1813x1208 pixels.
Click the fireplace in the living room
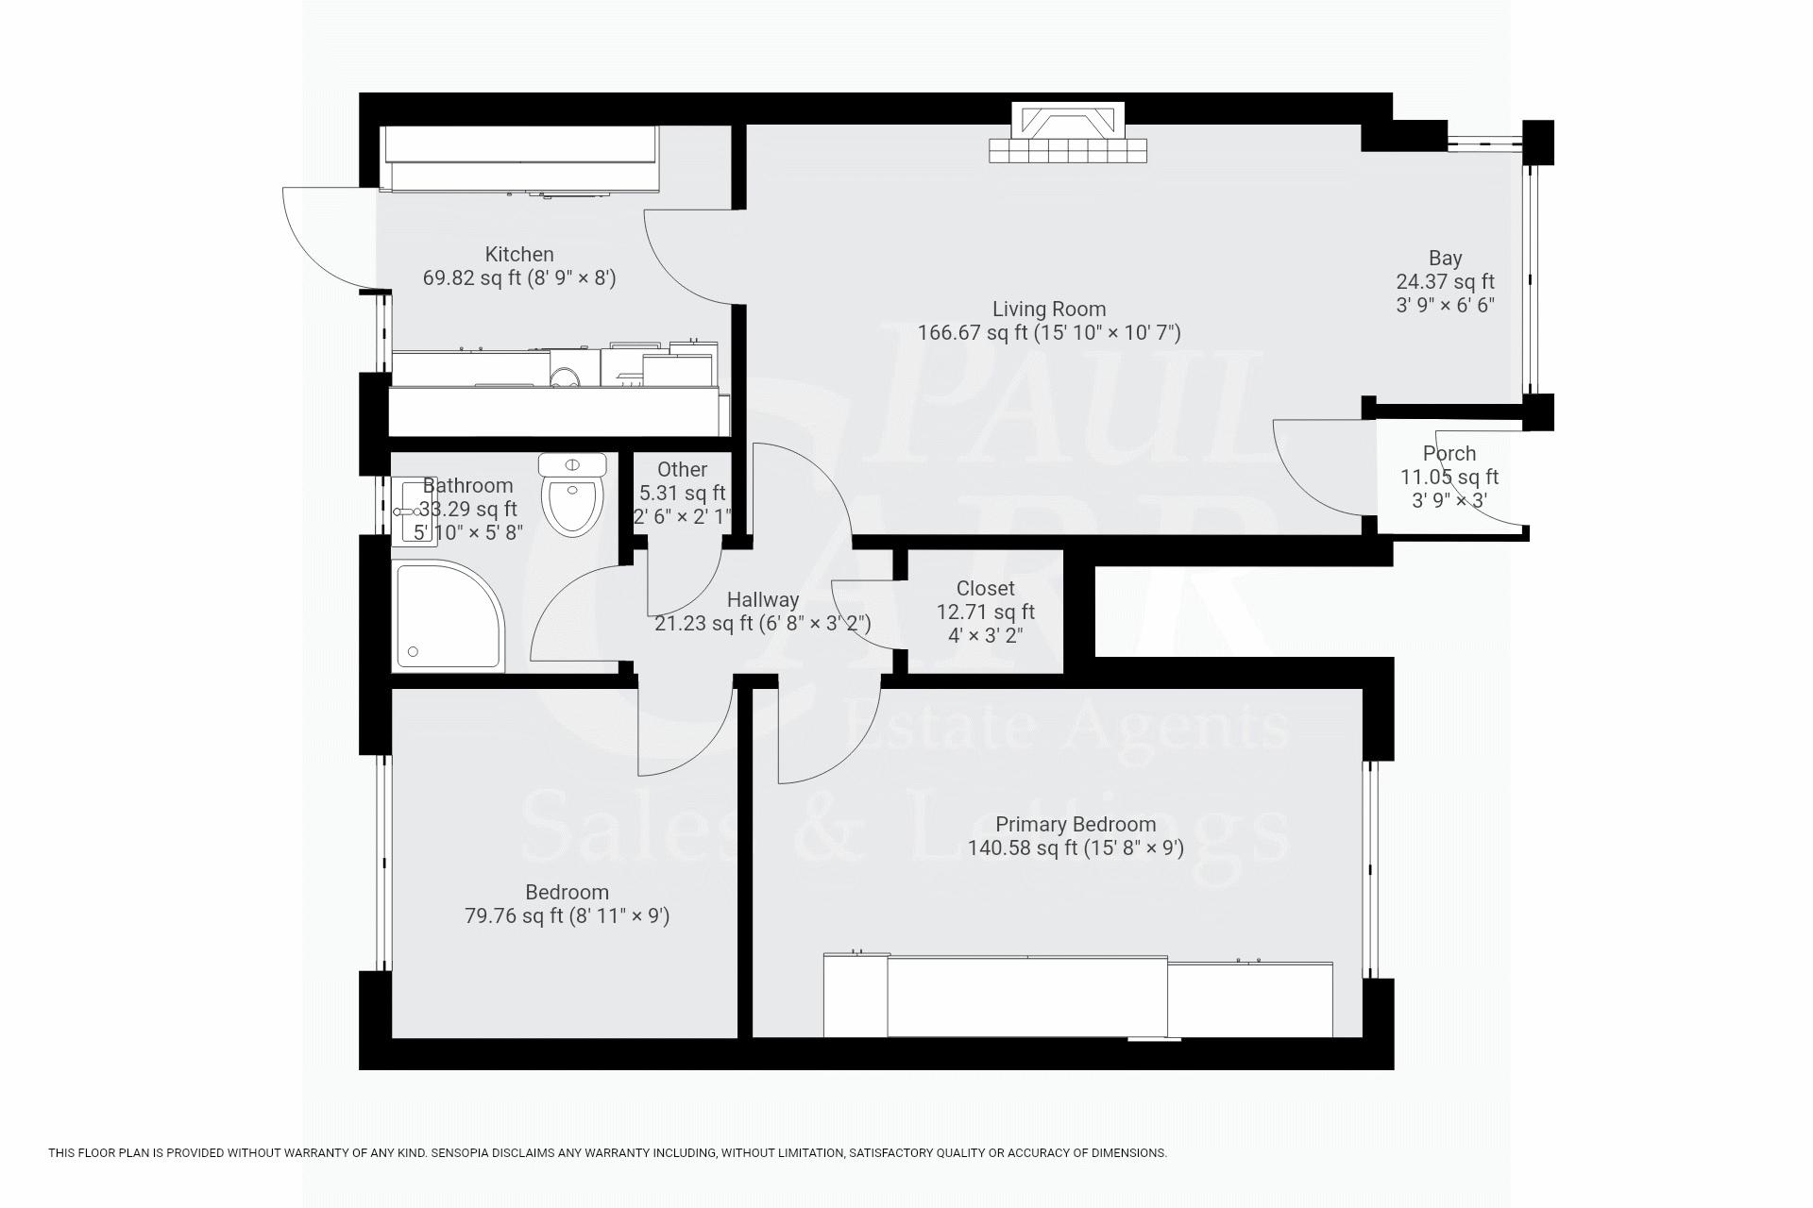click(x=1068, y=132)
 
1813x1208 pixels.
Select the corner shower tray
click(x=449, y=615)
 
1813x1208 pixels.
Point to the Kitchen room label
click(x=519, y=254)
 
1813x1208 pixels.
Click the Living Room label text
click(x=1049, y=309)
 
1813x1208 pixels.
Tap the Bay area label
click(x=1445, y=258)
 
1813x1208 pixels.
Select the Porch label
click(x=1449, y=453)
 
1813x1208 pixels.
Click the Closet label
click(x=986, y=588)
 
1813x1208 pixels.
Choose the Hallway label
click(x=763, y=599)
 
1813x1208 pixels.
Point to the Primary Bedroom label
click(x=1076, y=824)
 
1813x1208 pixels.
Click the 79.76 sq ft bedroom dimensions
click(x=568, y=915)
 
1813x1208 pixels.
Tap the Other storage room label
click(x=682, y=469)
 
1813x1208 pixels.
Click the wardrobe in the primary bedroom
click(x=1078, y=996)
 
